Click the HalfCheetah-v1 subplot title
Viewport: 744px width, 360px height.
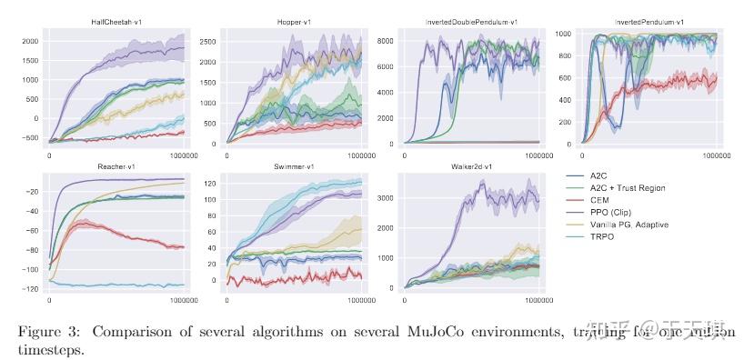tap(117, 19)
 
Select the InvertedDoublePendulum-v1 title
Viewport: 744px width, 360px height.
tap(472, 19)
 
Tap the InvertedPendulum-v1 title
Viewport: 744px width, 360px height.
tap(648, 19)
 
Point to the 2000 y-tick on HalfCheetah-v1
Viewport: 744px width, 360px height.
tap(29, 41)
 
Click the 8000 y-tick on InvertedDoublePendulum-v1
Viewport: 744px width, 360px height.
tap(384, 41)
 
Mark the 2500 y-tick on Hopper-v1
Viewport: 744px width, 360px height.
tap(206, 41)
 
